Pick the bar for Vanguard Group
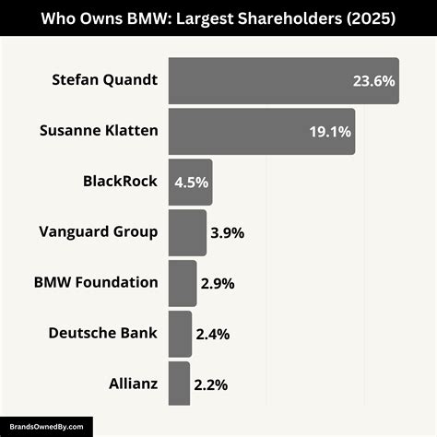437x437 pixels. click(188, 232)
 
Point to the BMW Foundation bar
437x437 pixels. click(183, 283)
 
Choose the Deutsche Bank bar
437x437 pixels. click(181, 333)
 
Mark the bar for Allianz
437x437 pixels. click(180, 383)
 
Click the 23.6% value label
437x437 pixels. click(373, 81)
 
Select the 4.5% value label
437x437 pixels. click(191, 183)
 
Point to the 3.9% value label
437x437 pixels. click(227, 233)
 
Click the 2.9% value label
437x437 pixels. click(218, 284)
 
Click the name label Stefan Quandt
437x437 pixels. click(105, 80)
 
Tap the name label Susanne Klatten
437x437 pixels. click(99, 131)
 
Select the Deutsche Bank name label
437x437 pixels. click(102, 333)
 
